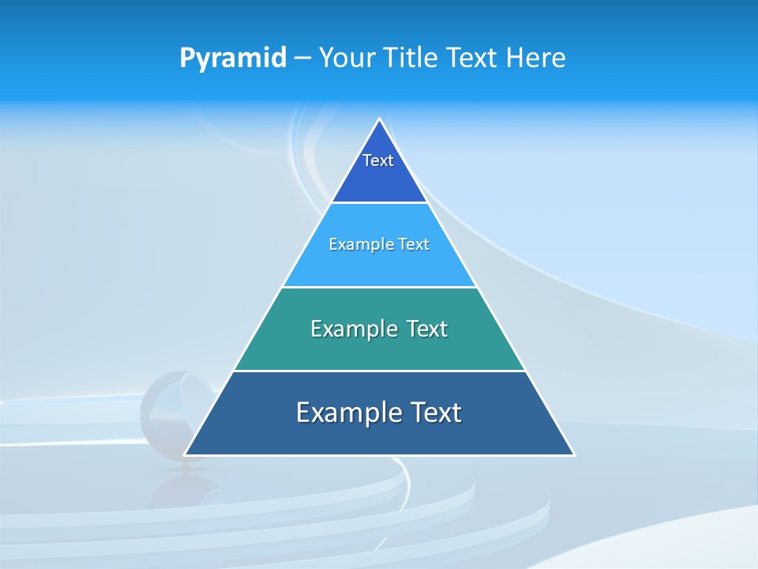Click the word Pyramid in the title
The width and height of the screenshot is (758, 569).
tap(233, 58)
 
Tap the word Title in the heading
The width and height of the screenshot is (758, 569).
tap(415, 58)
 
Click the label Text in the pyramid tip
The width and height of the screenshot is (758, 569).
tap(378, 160)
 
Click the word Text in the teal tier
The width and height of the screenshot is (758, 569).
tap(427, 329)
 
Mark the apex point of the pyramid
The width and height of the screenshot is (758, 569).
tap(379, 119)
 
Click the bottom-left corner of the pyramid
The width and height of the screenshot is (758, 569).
tap(186, 454)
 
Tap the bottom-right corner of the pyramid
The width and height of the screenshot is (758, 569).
tap(573, 454)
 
